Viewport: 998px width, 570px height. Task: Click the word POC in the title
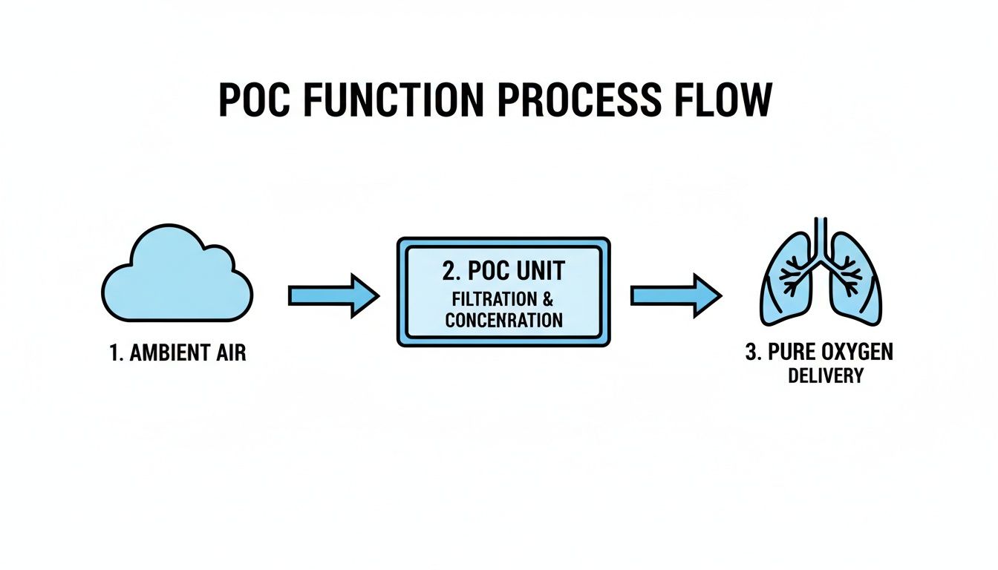[256, 101]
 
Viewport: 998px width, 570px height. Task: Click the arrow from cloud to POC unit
[333, 295]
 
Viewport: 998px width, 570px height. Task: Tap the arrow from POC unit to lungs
[676, 295]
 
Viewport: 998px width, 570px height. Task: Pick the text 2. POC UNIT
[503, 271]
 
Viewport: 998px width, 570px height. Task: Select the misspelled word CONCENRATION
[503, 321]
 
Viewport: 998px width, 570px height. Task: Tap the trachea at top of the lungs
[821, 234]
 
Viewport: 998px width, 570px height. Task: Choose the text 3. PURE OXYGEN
[819, 352]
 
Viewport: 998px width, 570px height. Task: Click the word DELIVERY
[825, 376]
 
